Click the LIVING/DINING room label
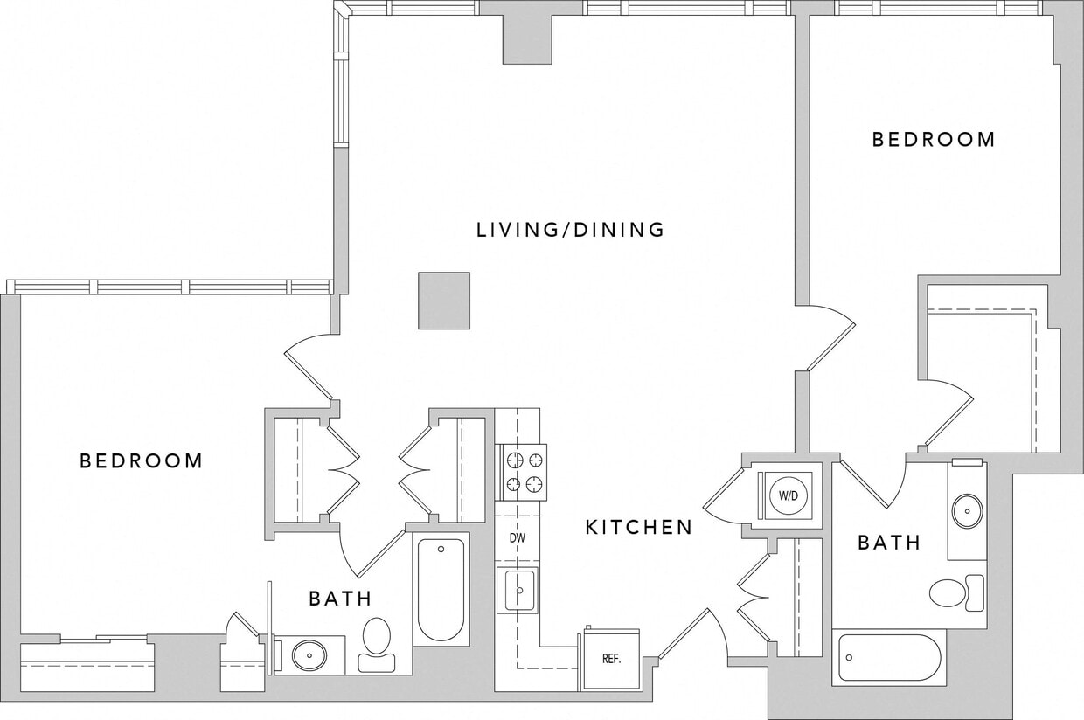570,230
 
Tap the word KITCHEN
638,528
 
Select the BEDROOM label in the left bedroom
141,460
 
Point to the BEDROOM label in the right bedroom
934,140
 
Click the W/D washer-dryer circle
789,495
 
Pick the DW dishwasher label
518,537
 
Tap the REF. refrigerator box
611,659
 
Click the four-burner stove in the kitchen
522,472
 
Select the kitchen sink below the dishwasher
518,590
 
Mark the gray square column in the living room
444,301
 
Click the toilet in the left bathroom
377,642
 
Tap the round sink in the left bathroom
309,655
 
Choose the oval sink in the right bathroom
967,511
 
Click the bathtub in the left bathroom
441,589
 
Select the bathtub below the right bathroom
888,657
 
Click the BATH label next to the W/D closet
888,543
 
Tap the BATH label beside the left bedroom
340,599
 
